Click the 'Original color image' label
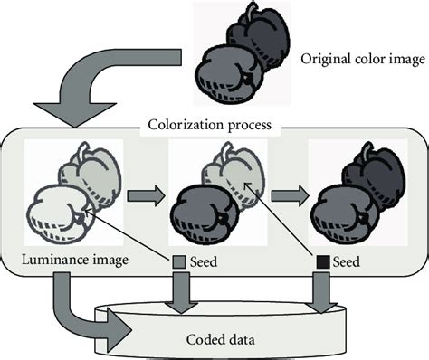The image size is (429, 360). click(362, 60)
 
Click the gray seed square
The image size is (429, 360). click(178, 262)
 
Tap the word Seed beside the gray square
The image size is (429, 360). click(207, 262)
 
